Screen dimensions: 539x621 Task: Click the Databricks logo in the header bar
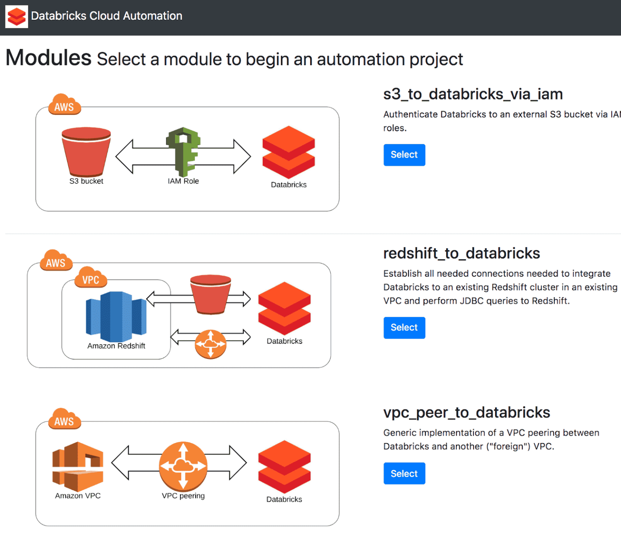tap(17, 17)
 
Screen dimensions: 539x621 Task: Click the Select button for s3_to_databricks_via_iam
tap(404, 155)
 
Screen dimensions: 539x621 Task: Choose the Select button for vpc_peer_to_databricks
tap(404, 473)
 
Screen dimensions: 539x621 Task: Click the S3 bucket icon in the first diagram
tap(86, 152)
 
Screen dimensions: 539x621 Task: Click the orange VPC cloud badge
tap(91, 278)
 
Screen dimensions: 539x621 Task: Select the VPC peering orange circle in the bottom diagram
tap(183, 466)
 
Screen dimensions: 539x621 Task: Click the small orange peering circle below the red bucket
tap(210, 344)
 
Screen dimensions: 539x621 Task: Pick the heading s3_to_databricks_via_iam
tap(473, 94)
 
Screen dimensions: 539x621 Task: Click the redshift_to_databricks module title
tap(461, 254)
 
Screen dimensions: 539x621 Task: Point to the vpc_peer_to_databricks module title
tap(467, 412)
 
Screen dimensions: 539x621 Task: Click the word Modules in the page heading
tap(49, 58)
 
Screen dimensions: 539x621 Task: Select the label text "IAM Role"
tap(183, 181)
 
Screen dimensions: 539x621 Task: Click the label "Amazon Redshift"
tap(116, 346)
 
